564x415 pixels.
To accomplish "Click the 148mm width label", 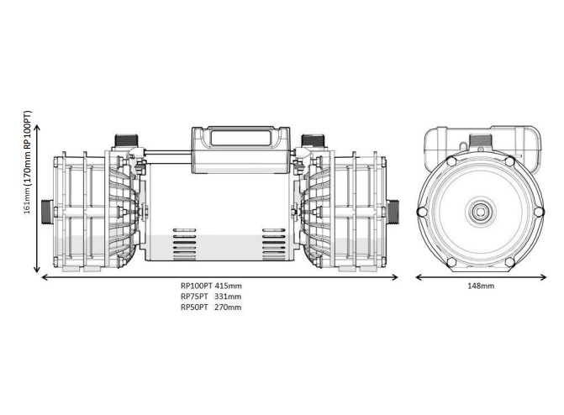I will coord(480,286).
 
